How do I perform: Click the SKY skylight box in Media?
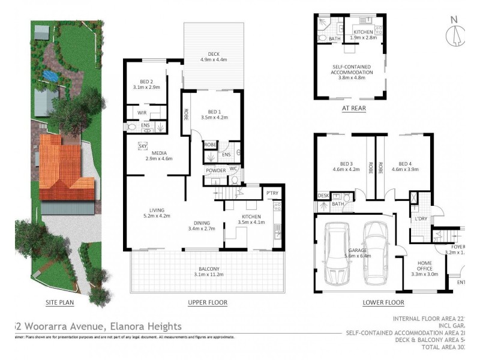click(x=143, y=146)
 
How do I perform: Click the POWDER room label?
click(x=215, y=170)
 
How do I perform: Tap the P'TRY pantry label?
click(x=272, y=193)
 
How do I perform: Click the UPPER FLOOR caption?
click(x=208, y=302)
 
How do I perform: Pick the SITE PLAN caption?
click(x=59, y=302)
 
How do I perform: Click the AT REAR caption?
click(x=354, y=109)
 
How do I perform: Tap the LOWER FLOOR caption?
click(x=383, y=302)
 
